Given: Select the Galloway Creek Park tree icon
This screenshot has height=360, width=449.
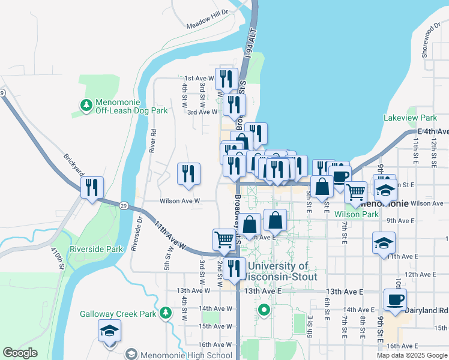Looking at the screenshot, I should (x=166, y=313).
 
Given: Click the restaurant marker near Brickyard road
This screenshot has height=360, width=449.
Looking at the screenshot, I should (x=92, y=188).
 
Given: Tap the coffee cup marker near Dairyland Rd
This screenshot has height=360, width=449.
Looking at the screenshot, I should (x=394, y=300).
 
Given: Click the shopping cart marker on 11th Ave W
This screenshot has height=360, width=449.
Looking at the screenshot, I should (x=224, y=239).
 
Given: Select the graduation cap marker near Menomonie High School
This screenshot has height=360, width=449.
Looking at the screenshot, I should (x=109, y=331).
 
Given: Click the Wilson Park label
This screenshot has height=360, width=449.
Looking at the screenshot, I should (x=357, y=214).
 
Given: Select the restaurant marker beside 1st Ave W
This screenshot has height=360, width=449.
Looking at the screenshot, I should (x=226, y=79).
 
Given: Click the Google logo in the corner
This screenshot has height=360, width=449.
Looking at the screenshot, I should (x=20, y=353).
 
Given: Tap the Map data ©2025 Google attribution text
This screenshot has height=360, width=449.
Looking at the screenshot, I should (x=411, y=355).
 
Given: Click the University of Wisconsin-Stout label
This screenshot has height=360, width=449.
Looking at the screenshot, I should (x=277, y=271).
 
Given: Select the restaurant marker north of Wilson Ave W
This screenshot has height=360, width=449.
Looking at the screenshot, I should (x=188, y=174).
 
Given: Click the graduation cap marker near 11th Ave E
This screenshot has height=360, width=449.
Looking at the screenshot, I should (x=384, y=243).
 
